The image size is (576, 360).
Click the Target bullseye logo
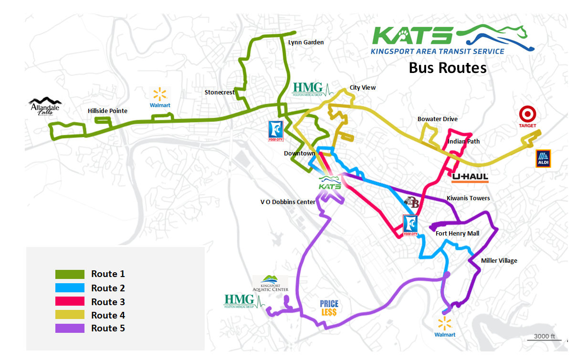pyautogui.click(x=528, y=114)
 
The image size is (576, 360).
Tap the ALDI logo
pyautogui.click(x=543, y=158)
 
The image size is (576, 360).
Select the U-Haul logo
pyautogui.click(x=470, y=178)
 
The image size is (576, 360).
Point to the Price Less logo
pyautogui.click(x=329, y=308)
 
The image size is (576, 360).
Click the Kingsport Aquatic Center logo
pyautogui.click(x=271, y=283)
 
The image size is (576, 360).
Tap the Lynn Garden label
pyautogui.click(x=306, y=42)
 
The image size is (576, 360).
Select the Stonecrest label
pyautogui.click(x=220, y=92)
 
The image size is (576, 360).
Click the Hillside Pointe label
pyautogui.click(x=107, y=111)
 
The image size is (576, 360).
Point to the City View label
pyautogui.click(x=363, y=87)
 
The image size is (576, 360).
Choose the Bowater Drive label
pyautogui.click(x=437, y=119)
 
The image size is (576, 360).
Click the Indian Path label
pyautogui.click(x=463, y=141)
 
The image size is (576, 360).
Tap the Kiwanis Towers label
pyautogui.click(x=468, y=198)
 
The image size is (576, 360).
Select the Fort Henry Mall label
pyautogui.click(x=457, y=233)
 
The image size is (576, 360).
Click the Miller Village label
pyautogui.click(x=499, y=260)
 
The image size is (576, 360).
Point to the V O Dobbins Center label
pyautogui.click(x=288, y=202)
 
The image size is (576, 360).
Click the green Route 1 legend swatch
pyautogui.click(x=70, y=274)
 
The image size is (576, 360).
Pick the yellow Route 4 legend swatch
pyautogui.click(x=70, y=315)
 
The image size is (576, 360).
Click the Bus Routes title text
pyautogui.click(x=447, y=68)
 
